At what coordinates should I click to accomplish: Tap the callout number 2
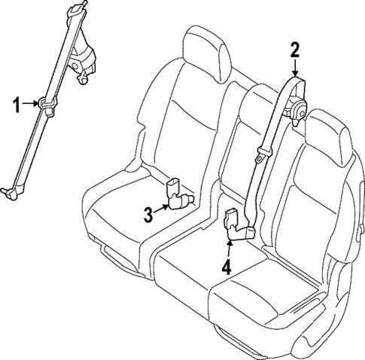pyautogui.click(x=295, y=50)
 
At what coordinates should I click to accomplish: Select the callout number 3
pyautogui.click(x=149, y=215)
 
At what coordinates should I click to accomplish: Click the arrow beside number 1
pyautogui.click(x=32, y=103)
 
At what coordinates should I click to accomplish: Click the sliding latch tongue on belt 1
pyautogui.click(x=47, y=105)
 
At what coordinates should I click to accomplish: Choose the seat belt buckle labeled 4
pyautogui.click(x=238, y=227)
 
